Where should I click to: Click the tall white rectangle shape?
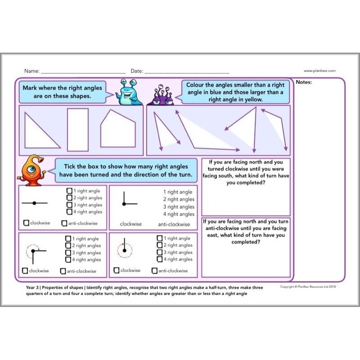(x=77, y=129)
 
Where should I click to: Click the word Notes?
(x=304, y=82)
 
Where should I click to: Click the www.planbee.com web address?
(x=319, y=71)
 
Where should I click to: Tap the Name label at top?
(x=31, y=71)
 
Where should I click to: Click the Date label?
(x=137, y=71)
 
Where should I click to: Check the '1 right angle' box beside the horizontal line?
(x=69, y=191)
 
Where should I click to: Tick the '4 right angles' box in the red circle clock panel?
(x=159, y=259)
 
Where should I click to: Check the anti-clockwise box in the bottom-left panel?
(x=63, y=271)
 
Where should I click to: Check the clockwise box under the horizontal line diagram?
(x=26, y=223)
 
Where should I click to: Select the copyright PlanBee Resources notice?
(x=308, y=287)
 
